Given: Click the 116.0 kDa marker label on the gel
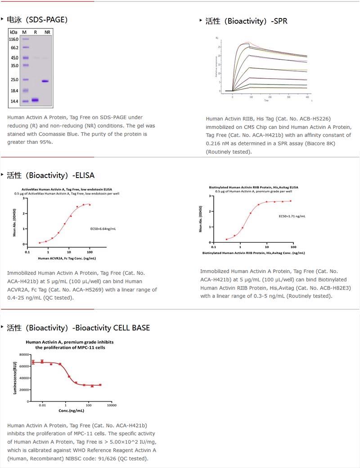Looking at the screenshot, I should pyautogui.click(x=13, y=40).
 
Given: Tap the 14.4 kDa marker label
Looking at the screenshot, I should pyautogui.click(x=13, y=102).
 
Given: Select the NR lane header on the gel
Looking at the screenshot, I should pyautogui.click(x=47, y=32).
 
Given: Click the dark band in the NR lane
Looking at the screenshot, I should pyautogui.click(x=45, y=81).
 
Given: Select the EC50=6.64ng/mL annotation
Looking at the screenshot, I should pyautogui.click(x=103, y=229).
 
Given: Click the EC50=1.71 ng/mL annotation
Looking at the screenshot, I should pyautogui.click(x=292, y=216).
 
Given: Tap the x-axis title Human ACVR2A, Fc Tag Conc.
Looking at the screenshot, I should pyautogui.click(x=67, y=259).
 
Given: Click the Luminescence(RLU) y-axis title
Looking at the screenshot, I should pyautogui.click(x=15, y=378).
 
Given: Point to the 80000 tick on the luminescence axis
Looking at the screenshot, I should pyautogui.click(x=24, y=355).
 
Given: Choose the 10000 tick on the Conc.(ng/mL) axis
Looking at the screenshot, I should pyautogui.click(x=112, y=406).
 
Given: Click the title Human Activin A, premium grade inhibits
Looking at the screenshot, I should pyautogui.click(x=70, y=342).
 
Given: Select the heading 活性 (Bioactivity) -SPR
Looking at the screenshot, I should pyautogui.click(x=246, y=21).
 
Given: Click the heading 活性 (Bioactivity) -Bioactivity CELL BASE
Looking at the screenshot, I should pyautogui.click(x=78, y=328).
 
